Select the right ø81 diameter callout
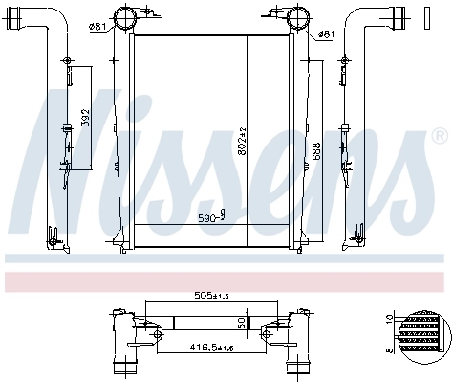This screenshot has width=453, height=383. (x=326, y=34)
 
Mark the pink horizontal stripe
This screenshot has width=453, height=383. (x=226, y=281)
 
